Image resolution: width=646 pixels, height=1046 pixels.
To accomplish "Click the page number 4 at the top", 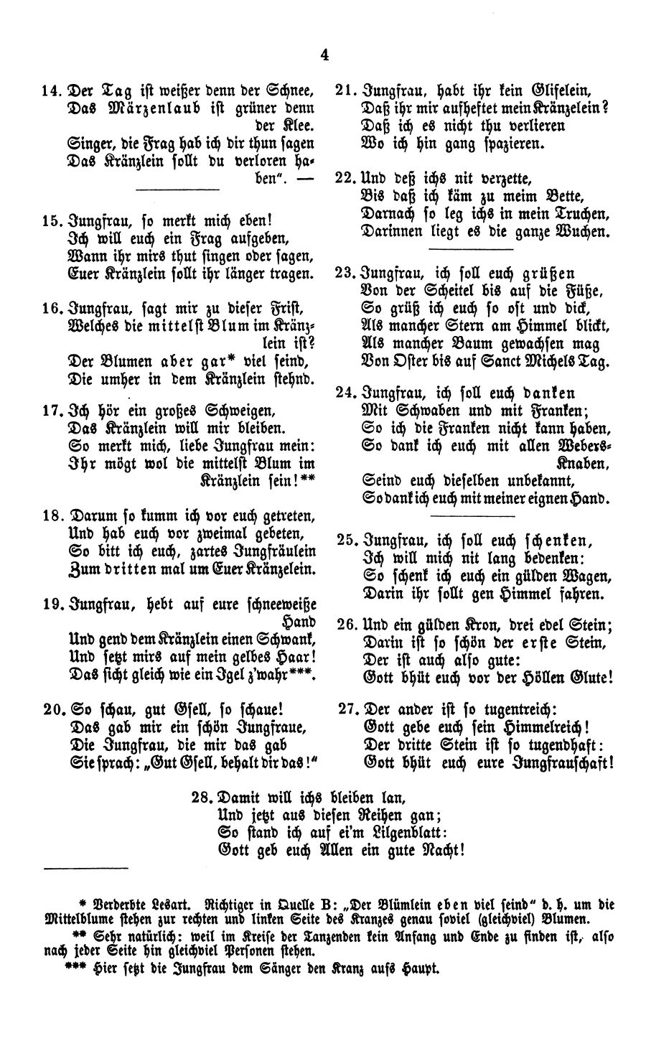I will (325, 55).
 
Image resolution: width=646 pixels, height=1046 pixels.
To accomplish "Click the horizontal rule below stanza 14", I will (177, 189).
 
